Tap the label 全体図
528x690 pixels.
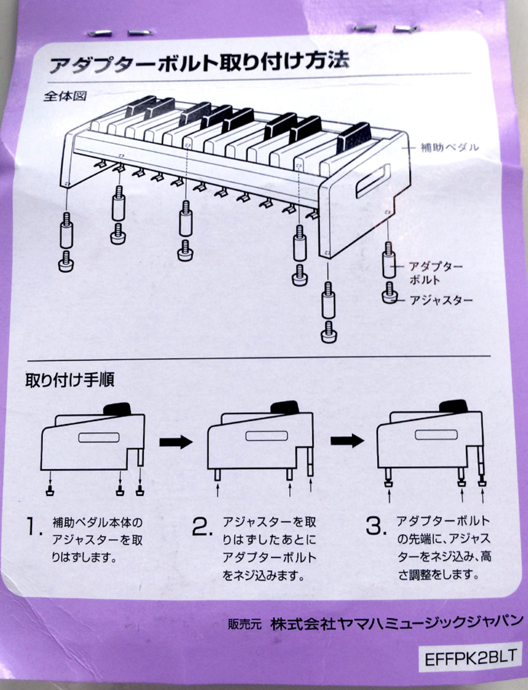(64, 96)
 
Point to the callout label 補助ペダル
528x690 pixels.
(450, 147)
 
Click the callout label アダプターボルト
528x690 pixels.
(435, 273)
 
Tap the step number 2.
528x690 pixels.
(202, 527)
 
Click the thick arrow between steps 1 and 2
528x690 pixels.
(175, 442)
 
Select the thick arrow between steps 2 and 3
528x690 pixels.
(347, 441)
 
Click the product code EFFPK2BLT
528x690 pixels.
(471, 658)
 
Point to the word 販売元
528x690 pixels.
(245, 625)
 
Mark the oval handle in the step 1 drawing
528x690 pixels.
(99, 437)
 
